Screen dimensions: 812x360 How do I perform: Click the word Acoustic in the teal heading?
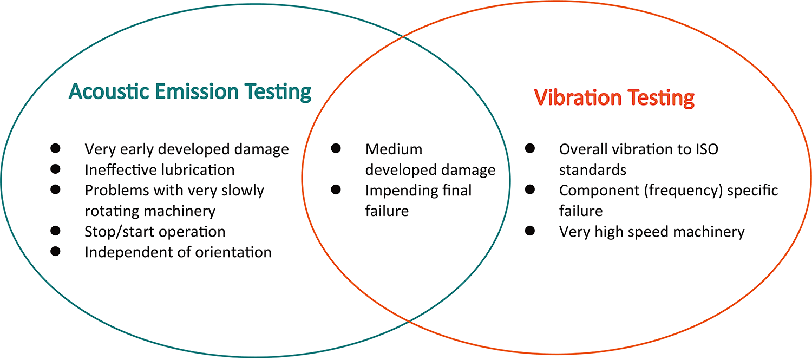pyautogui.click(x=109, y=91)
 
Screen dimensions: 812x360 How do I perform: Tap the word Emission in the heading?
pyautogui.click(x=197, y=91)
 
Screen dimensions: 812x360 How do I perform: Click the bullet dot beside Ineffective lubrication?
pyautogui.click(x=55, y=169)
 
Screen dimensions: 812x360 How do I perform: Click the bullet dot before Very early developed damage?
pyautogui.click(x=55, y=148)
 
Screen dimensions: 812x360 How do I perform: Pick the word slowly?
pyautogui.click(x=243, y=191)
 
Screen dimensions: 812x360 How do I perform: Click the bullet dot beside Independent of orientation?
pyautogui.click(x=55, y=251)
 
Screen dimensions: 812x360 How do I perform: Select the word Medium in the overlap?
pyautogui.click(x=394, y=149)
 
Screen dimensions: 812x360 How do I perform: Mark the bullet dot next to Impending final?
pyautogui.click(x=336, y=189)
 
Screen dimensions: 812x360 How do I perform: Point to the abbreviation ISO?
pyautogui.click(x=707, y=149)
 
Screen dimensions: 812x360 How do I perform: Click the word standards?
pyautogui.click(x=593, y=169)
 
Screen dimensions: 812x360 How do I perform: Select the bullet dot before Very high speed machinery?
pyautogui.click(x=530, y=231)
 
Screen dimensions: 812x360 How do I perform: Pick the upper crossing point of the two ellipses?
pyautogui.click(x=403, y=37)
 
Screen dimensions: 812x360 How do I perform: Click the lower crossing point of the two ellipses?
pyautogui.click(x=409, y=321)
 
